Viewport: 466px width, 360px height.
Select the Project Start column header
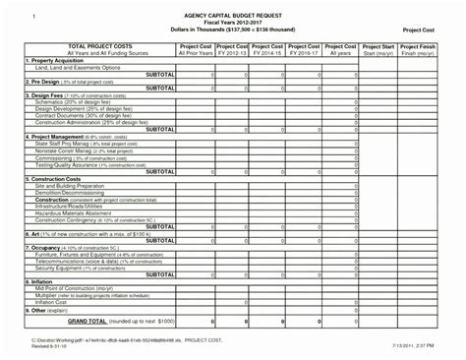pyautogui.click(x=379, y=46)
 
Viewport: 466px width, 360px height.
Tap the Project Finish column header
pyautogui.click(x=420, y=46)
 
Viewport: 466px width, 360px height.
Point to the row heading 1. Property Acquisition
pyautogui.click(x=43, y=60)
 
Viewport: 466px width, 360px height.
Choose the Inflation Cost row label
pyautogui.click(x=54, y=299)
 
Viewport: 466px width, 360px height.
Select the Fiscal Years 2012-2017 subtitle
pyautogui.click(x=232, y=25)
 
